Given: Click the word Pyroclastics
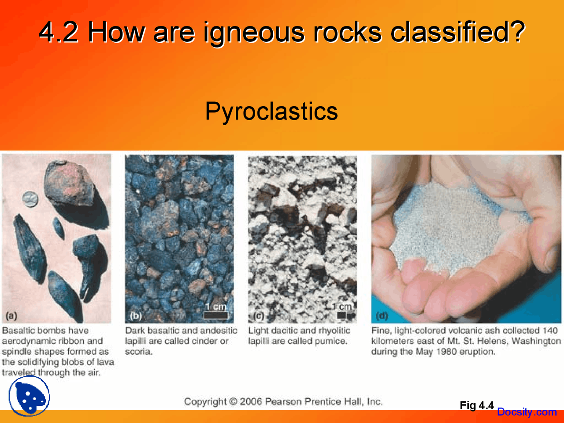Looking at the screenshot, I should point(271,111).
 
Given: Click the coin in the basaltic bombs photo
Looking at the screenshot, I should point(30,199).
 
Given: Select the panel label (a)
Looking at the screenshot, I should point(11,315).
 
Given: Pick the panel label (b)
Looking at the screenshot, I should point(135,315).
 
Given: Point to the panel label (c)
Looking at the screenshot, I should point(259,315).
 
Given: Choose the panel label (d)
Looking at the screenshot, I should point(382,315).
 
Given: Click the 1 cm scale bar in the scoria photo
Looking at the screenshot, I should point(216,315).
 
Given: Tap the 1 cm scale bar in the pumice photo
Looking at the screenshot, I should point(342,315).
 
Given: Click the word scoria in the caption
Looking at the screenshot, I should point(137,352).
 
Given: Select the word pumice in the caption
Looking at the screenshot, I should point(331,341).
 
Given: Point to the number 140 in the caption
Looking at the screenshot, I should point(550,330).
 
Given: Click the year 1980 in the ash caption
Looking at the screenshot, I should point(449,352).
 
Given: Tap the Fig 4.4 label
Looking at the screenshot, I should point(476,405).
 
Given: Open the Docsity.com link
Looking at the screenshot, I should point(527,412).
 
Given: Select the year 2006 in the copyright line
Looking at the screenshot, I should point(251,401).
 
